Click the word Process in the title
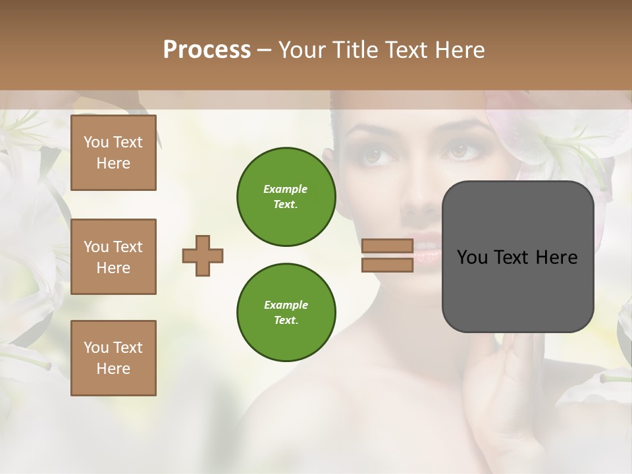(207, 49)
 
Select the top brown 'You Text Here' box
(113, 153)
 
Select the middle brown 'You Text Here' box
(113, 257)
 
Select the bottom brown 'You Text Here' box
(113, 358)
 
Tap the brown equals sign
(387, 255)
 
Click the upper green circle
(286, 196)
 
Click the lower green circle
(286, 312)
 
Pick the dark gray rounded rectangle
(517, 257)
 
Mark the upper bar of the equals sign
(387, 246)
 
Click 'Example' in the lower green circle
(286, 305)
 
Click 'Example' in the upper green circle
(286, 189)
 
